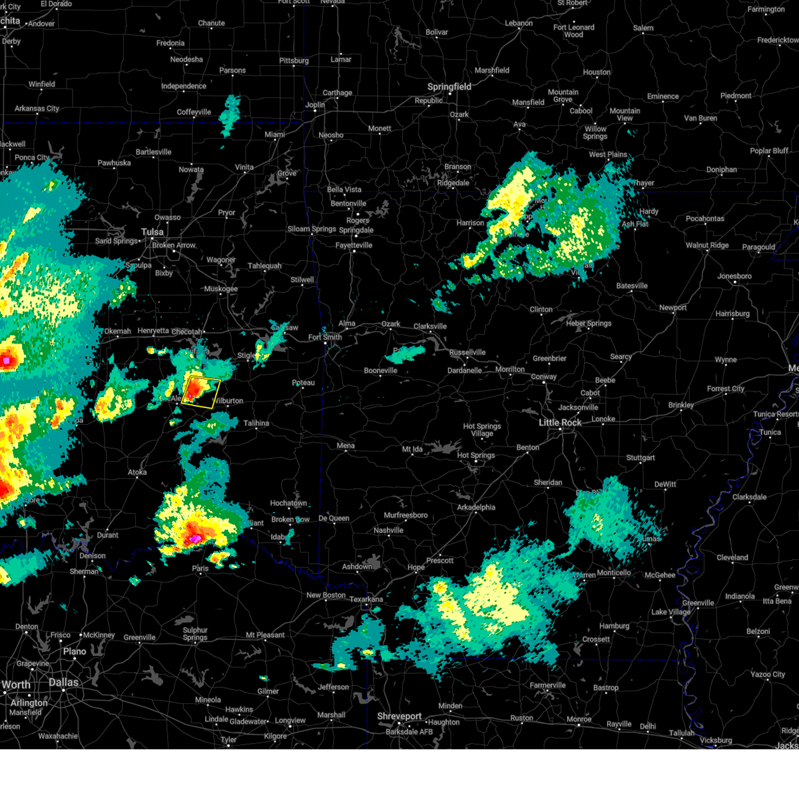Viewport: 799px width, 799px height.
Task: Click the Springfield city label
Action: coord(449,87)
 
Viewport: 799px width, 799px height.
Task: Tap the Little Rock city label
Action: coord(560,423)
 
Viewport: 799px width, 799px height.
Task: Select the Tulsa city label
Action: coord(152,232)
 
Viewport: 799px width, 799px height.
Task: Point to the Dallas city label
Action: coord(63,682)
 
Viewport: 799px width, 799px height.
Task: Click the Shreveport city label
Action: coord(400,716)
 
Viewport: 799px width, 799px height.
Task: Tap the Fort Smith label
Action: coord(325,338)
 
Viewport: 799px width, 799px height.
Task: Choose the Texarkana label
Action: coord(366,599)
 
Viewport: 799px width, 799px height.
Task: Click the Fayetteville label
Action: coord(354,246)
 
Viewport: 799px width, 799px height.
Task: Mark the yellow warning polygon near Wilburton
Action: coord(200,392)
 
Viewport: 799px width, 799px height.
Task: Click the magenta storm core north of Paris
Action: coord(194,537)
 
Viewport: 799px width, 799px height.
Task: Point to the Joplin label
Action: coord(315,105)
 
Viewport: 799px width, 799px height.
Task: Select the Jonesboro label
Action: coord(734,276)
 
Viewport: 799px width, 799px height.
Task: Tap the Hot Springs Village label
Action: coord(482,429)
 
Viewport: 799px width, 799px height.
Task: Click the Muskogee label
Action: coord(220,289)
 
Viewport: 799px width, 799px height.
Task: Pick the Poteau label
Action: coord(304,383)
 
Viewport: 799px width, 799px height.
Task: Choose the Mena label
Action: coord(346,446)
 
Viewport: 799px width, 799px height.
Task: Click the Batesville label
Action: coord(632,286)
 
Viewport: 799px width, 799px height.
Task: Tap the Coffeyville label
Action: coord(194,113)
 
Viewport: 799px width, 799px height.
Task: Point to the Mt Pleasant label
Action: coord(265,635)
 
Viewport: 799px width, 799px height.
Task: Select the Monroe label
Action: coord(579,719)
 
